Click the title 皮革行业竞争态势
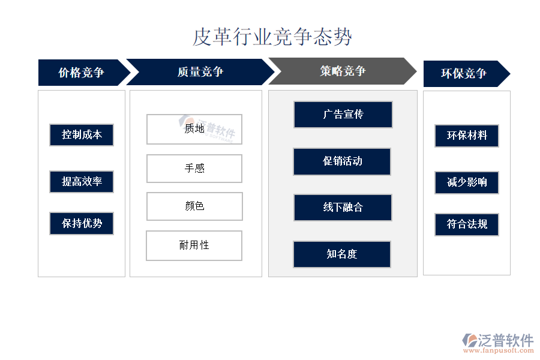(272, 37)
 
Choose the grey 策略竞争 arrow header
(343, 71)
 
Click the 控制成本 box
(82, 134)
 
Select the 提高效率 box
(82, 182)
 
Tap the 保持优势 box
(82, 223)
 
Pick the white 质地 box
(194, 129)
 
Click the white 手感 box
(194, 169)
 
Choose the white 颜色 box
(194, 206)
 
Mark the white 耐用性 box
(194, 245)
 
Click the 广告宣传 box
(343, 115)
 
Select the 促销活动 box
(342, 161)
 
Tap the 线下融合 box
(343, 208)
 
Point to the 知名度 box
(342, 254)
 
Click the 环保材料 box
(467, 136)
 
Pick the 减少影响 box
(467, 182)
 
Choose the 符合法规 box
(467, 224)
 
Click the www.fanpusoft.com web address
(498, 350)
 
